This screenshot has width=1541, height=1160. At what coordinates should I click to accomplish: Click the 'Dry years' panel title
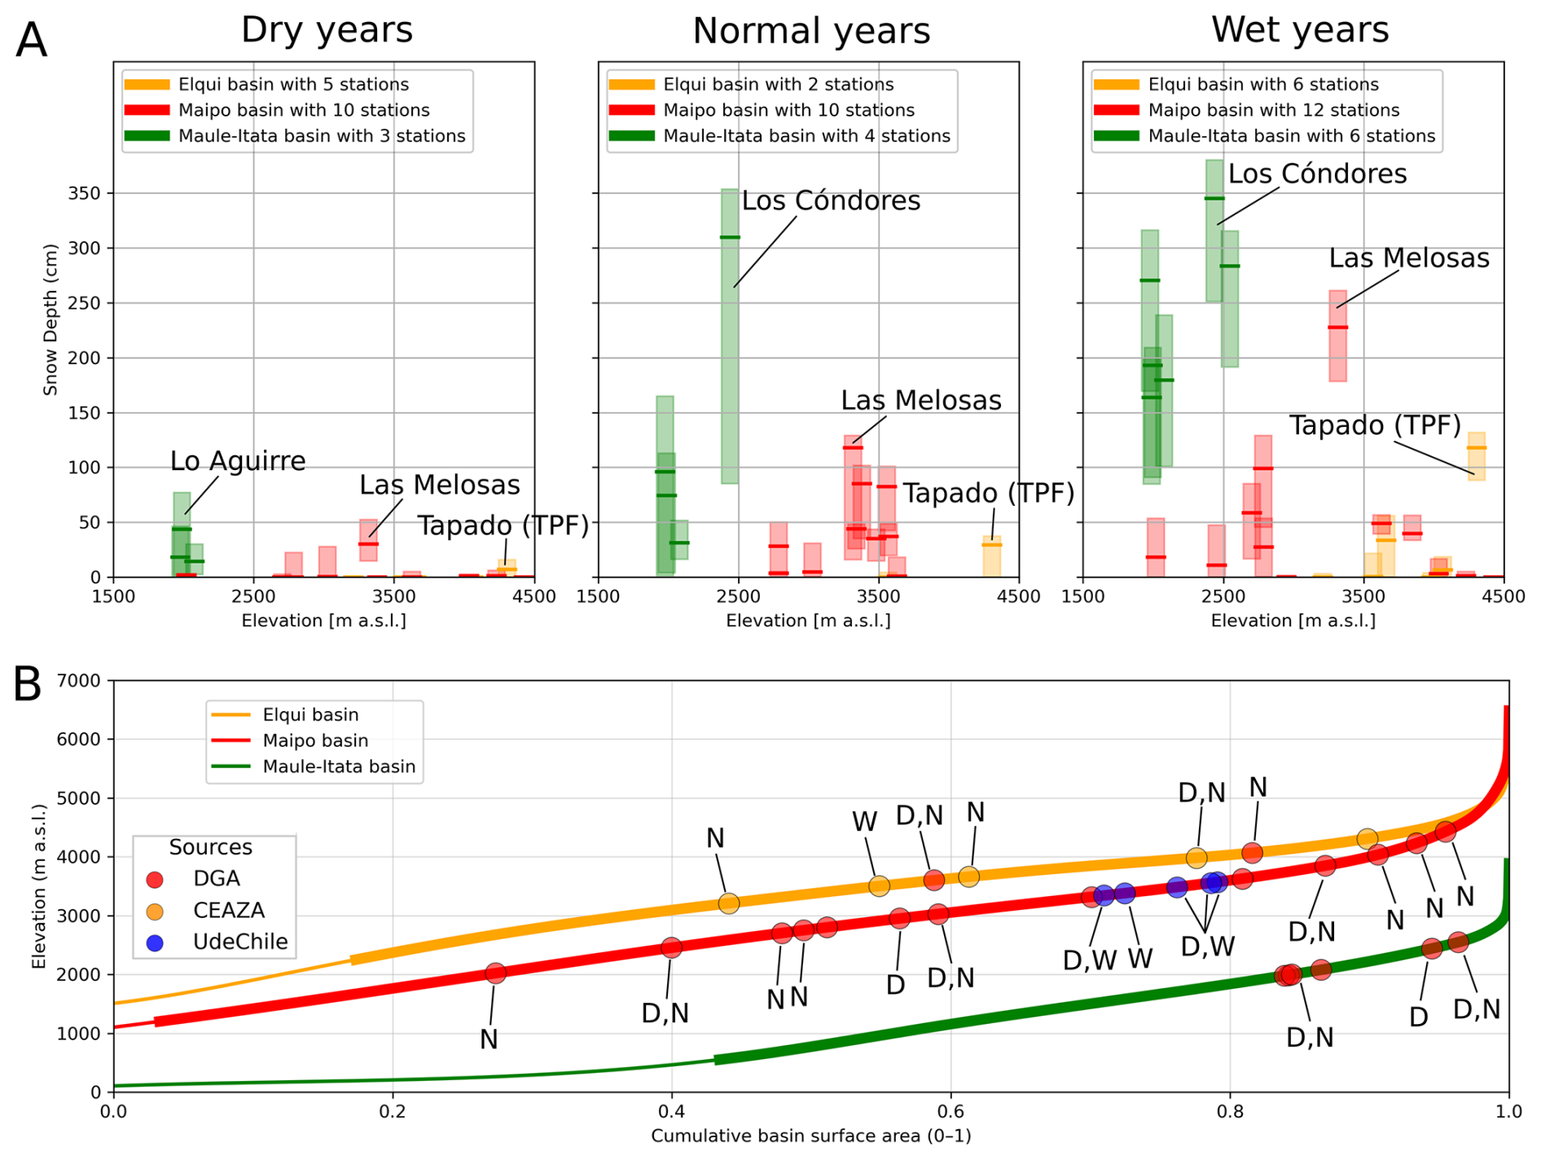point(327,30)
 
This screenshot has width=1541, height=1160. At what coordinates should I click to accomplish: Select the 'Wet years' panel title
point(1300,30)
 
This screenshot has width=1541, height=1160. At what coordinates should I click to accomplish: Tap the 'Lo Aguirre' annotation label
point(238,461)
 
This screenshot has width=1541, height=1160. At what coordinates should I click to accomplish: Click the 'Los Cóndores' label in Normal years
point(831,200)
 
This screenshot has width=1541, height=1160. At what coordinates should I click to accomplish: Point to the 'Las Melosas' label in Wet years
point(1409,258)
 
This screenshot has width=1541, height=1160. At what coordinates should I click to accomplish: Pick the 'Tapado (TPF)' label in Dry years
point(503,526)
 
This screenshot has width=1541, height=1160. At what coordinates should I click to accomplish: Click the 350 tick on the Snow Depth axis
point(86,194)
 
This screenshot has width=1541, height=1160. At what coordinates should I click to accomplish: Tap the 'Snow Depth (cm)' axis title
point(50,319)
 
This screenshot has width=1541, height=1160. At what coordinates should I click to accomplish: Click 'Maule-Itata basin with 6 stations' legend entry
point(1267,136)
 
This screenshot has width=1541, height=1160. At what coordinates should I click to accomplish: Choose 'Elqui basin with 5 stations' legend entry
point(266,85)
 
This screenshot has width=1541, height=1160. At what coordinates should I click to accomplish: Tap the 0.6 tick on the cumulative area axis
point(951,1112)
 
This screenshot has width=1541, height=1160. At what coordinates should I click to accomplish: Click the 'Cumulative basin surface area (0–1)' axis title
point(810,1136)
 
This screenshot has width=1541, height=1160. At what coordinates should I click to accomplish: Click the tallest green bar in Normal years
point(730,336)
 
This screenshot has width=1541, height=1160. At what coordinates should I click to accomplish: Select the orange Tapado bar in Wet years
point(1476,456)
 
